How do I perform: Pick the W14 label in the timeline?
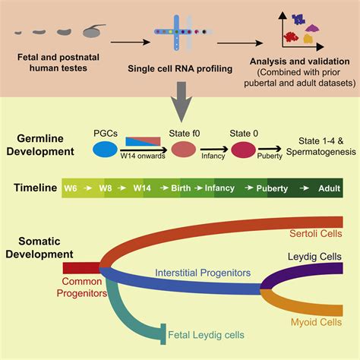(142, 187)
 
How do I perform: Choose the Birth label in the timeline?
(178, 187)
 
